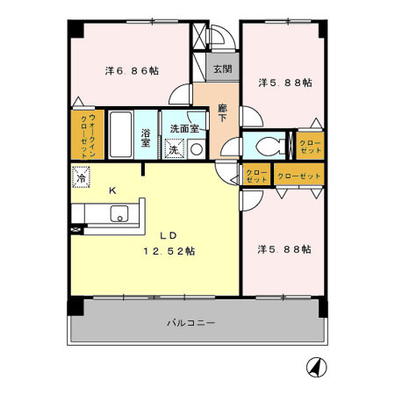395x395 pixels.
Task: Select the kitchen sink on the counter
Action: point(118,213)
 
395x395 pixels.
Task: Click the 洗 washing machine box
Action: point(174,149)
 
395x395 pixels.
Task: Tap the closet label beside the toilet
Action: point(310,147)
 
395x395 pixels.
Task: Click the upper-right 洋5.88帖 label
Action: point(284,83)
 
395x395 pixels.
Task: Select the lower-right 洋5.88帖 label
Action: point(284,249)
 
